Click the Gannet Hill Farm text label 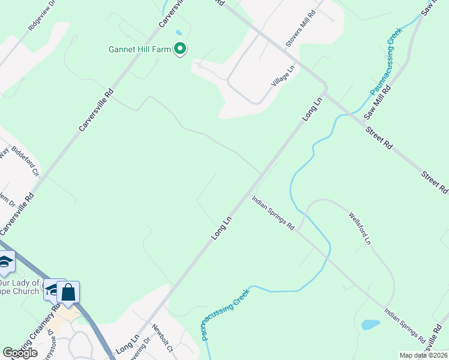coord(140,49)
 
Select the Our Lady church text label coord(19,287)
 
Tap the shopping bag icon coord(68,293)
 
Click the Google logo coord(20,353)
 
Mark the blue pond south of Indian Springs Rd coord(371,325)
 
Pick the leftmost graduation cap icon coord(5,261)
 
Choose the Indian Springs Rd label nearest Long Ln coord(273,213)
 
